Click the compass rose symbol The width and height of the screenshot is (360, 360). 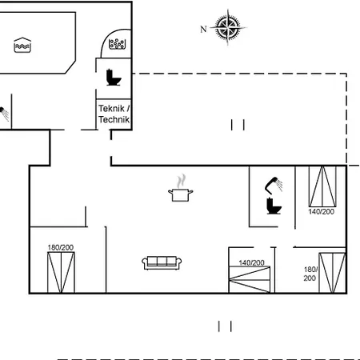pos(227,27)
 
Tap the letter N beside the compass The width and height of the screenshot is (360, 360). pos(203,29)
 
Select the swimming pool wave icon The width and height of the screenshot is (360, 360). pos(22,45)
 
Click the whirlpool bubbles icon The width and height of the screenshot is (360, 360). pos(117,44)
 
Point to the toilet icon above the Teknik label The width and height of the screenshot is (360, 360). pos(114,78)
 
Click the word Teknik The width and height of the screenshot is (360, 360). pos(112,109)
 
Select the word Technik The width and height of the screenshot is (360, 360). pos(114,119)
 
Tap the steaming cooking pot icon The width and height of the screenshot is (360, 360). pos(181,188)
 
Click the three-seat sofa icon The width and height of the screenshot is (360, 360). pos(162,263)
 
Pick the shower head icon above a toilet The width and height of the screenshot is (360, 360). pos(274,185)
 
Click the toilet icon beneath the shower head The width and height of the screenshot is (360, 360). pos(274,206)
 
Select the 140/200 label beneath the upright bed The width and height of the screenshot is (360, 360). pos(322,212)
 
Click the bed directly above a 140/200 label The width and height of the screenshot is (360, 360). pos(322,186)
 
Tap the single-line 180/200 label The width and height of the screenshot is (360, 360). pos(61,247)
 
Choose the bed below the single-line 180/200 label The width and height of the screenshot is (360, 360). pos(61,273)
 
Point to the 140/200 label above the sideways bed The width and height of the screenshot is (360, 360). pos(251,263)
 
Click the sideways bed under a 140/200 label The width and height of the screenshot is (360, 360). pos(250,280)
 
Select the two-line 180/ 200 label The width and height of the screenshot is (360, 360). pos(310,274)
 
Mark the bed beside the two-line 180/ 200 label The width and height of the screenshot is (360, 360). pos(332,273)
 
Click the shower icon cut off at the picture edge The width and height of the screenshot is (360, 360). pos(4,114)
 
